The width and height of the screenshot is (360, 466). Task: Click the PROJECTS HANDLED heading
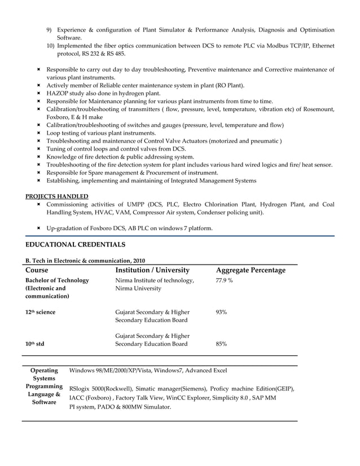[57, 196]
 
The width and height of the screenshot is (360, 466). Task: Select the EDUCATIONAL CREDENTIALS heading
[76, 244]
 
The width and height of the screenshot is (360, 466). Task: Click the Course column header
[37, 270]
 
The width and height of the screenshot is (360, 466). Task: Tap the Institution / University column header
[152, 270]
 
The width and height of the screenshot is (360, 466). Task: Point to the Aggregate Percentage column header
[251, 270]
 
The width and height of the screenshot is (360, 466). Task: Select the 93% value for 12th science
[222, 312]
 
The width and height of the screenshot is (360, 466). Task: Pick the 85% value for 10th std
[222, 344]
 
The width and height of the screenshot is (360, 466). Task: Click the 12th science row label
[40, 312]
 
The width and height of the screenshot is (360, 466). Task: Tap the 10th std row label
[35, 344]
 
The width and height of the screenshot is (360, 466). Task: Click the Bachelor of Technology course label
[57, 280]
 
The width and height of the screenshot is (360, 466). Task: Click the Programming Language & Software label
[44, 394]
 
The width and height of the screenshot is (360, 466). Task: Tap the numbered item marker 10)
[50, 46]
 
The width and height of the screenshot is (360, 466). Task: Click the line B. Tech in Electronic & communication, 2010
[85, 261]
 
